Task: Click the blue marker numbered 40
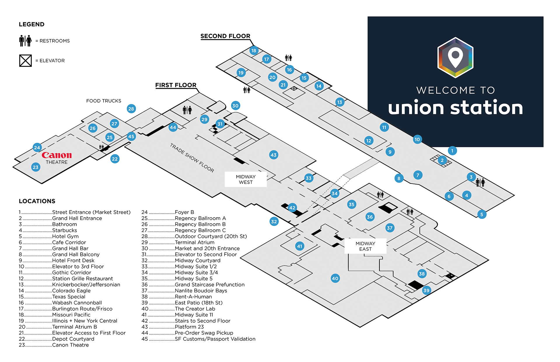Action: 335,278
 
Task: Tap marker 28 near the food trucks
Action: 131,109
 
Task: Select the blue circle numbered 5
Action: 482,214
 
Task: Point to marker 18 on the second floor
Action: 254,50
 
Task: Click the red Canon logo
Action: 57,155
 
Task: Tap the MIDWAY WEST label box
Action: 246,179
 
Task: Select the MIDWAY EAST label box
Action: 365,246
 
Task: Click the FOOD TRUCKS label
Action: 104,101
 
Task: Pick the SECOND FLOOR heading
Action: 225,36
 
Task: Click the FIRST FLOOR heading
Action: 176,85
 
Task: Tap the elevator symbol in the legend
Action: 25,61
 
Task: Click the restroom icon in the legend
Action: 25,41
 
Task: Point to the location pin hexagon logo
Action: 455,57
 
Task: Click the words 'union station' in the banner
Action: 455,108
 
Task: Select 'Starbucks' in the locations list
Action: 64,230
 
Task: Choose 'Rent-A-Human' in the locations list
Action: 193,297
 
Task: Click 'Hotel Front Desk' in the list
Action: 73,261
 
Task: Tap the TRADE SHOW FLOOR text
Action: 192,158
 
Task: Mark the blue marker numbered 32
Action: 274,222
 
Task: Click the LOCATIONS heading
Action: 37,201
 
